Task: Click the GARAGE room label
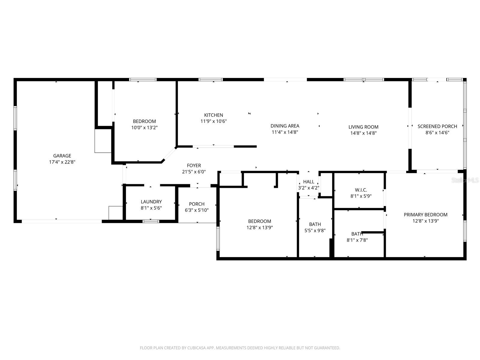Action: click(62, 156)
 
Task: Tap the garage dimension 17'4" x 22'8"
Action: click(62, 162)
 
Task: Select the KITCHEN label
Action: click(214, 115)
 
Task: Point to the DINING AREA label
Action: click(285, 126)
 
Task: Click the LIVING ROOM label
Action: click(363, 127)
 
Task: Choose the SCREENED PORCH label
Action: click(437, 127)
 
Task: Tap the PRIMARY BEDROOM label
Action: click(425, 215)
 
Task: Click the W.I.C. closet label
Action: click(361, 190)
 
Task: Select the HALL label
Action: click(308, 182)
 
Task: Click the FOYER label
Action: click(194, 166)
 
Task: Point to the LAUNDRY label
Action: click(151, 202)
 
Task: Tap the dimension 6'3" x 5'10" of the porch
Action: click(196, 210)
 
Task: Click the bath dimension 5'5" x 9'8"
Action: click(315, 231)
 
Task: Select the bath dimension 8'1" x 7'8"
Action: click(357, 240)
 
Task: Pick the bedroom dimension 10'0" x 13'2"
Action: click(144, 127)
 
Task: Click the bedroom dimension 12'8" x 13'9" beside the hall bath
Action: click(259, 228)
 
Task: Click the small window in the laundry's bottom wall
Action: click(151, 221)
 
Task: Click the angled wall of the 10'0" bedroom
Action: click(169, 154)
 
